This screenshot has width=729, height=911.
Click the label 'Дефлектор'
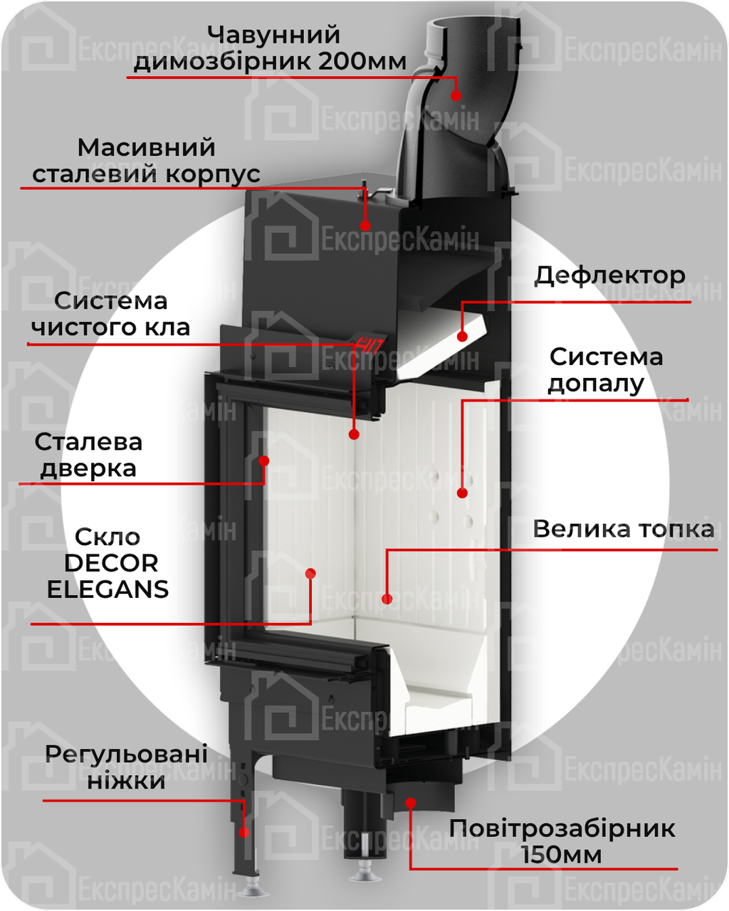tap(609, 275)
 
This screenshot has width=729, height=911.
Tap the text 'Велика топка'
tap(623, 530)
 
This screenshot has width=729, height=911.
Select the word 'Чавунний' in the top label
tap(274, 35)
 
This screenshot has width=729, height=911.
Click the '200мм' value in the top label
tap(362, 61)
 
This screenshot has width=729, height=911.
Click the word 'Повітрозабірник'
tap(562, 828)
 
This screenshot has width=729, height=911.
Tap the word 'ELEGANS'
tap(107, 589)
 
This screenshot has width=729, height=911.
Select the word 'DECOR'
tap(111, 563)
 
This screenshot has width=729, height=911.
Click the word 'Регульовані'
tap(126, 754)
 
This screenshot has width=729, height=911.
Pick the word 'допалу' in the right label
tap(596, 384)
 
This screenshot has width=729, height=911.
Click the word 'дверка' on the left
tap(88, 468)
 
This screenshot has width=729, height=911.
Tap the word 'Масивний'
tap(146, 148)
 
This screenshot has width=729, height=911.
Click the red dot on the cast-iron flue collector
tap(456, 95)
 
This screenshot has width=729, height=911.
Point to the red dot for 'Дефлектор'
tap(462, 336)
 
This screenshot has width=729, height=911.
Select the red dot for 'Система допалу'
tap(462, 493)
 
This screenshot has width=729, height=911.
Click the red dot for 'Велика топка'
tap(387, 599)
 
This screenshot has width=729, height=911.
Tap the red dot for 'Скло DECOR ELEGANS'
tap(310, 573)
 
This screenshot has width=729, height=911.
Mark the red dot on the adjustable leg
tap(243, 832)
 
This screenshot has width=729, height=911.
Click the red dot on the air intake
tap(410, 803)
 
